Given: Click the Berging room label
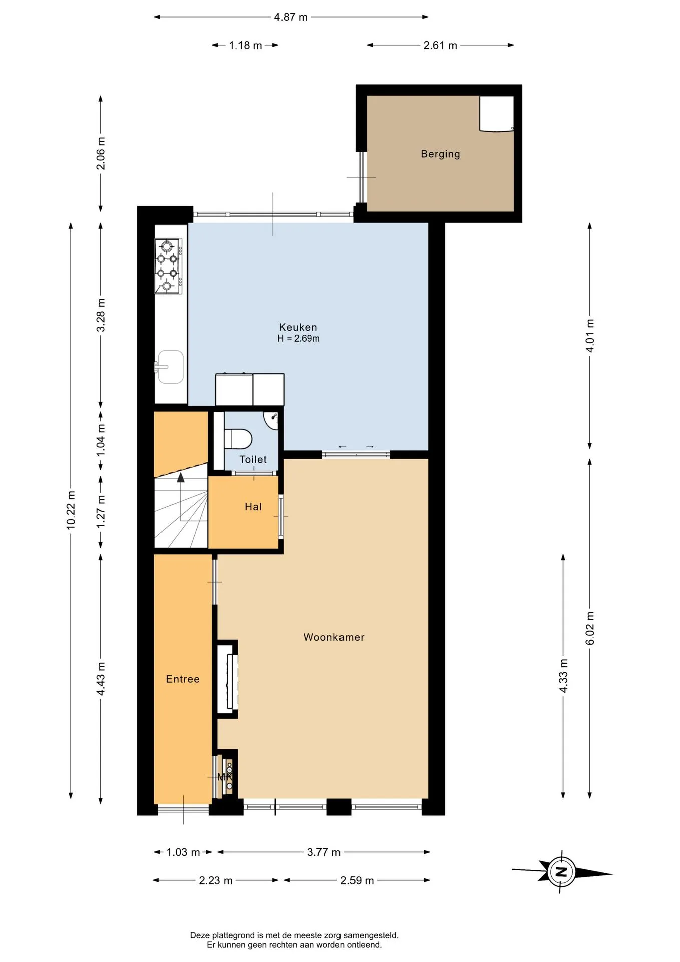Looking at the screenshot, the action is [440, 154].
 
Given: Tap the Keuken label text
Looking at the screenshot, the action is [298, 327].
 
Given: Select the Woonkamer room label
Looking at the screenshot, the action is [334, 637].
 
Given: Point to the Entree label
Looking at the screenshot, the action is [183, 679].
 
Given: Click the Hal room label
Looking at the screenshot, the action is [253, 507].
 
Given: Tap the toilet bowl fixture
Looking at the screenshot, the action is [237, 439].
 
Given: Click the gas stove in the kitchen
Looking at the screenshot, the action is [169, 266].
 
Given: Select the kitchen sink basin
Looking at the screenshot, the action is [169, 367].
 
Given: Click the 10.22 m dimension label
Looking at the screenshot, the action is [71, 510].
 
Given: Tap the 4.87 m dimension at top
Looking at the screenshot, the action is [291, 17].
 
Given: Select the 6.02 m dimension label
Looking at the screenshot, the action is [590, 628].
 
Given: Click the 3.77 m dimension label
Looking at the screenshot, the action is [324, 852].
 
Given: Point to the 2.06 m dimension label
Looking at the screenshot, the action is [101, 153].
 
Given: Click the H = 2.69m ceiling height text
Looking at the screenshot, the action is [298, 339].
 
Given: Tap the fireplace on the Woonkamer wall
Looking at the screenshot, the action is [228, 679].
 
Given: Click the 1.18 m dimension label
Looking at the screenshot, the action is [245, 46].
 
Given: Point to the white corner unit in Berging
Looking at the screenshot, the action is [496, 114].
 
